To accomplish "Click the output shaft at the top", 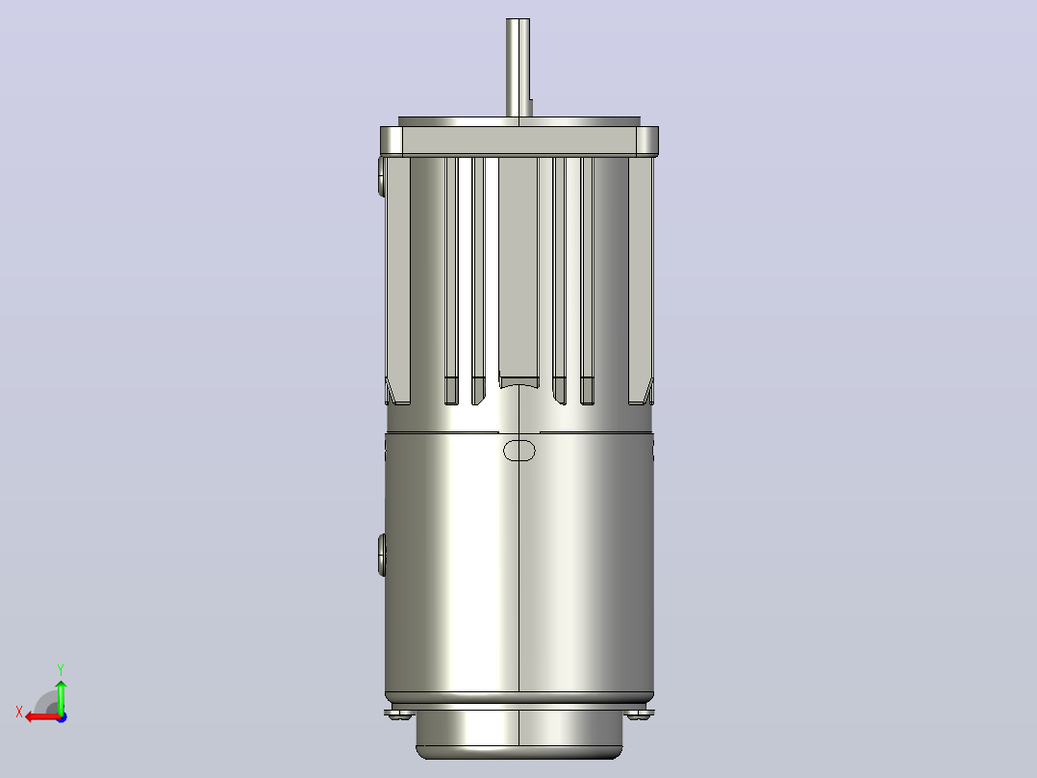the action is point(518,67).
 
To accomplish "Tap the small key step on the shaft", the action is point(531,108).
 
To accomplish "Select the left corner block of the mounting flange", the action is point(392,141).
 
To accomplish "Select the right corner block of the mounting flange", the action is point(647,141).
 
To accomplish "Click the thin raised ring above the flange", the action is point(519,122).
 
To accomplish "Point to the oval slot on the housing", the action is point(519,451).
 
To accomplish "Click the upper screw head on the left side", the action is point(382,177).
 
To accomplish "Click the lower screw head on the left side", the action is point(382,555).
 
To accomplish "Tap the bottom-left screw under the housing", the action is point(399,714).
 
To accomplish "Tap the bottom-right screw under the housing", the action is point(640,714).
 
